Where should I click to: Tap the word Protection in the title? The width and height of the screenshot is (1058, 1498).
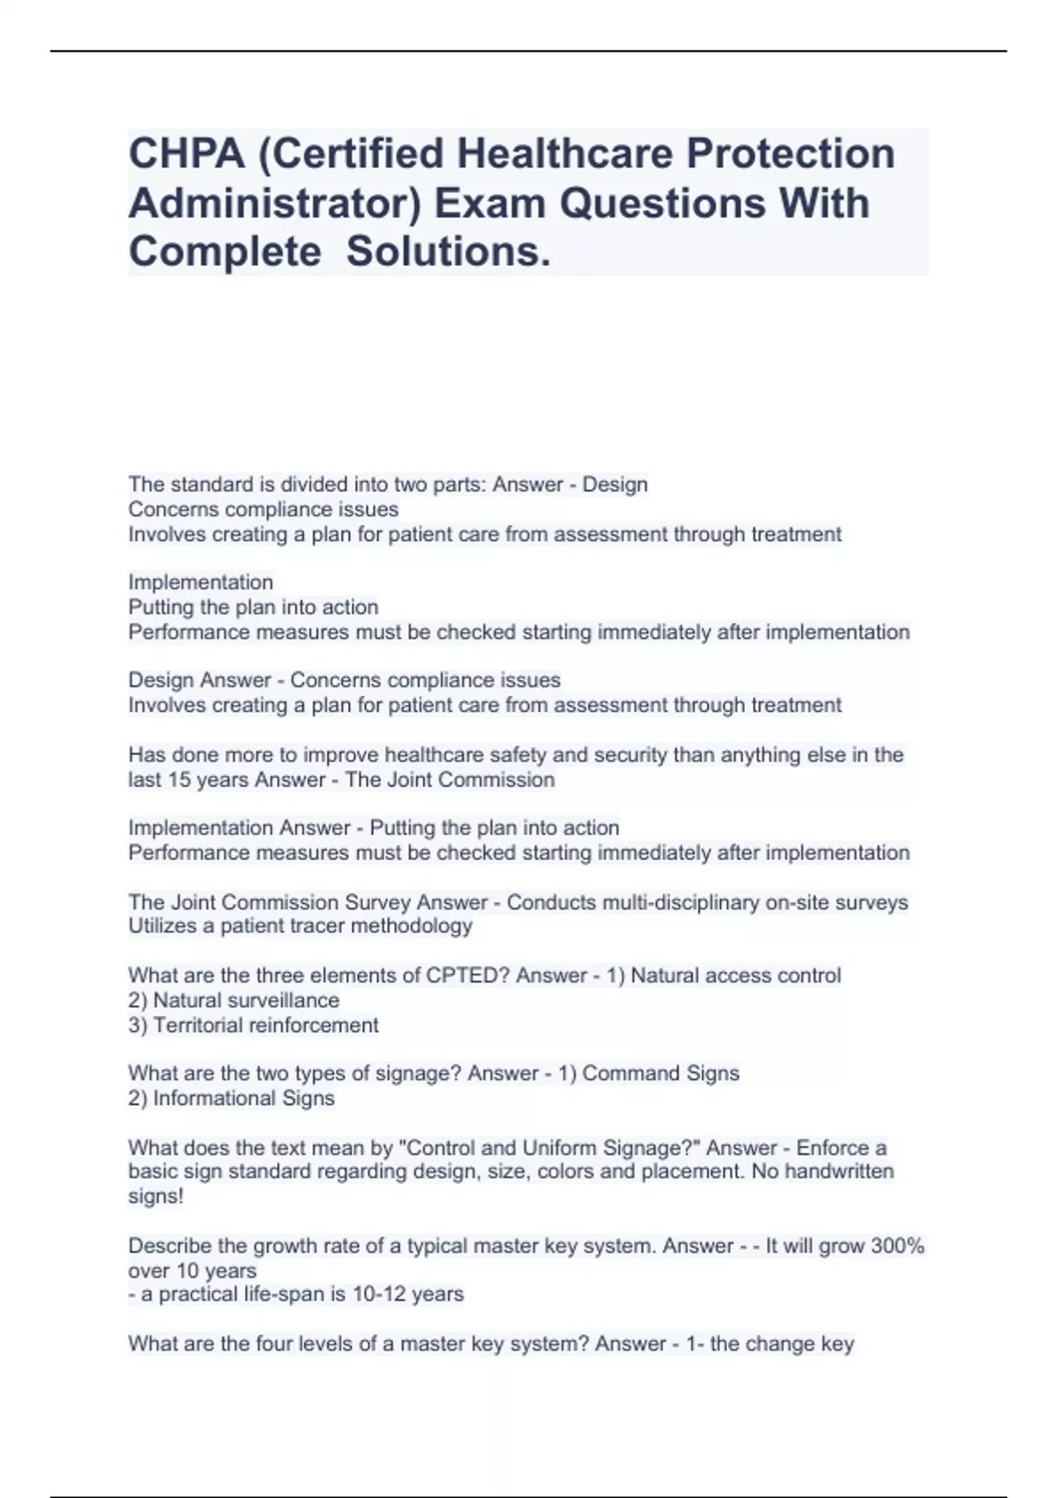point(791,154)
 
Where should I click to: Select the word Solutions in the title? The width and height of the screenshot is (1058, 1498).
point(448,253)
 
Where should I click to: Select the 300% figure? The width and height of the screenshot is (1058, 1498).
point(898,1246)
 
